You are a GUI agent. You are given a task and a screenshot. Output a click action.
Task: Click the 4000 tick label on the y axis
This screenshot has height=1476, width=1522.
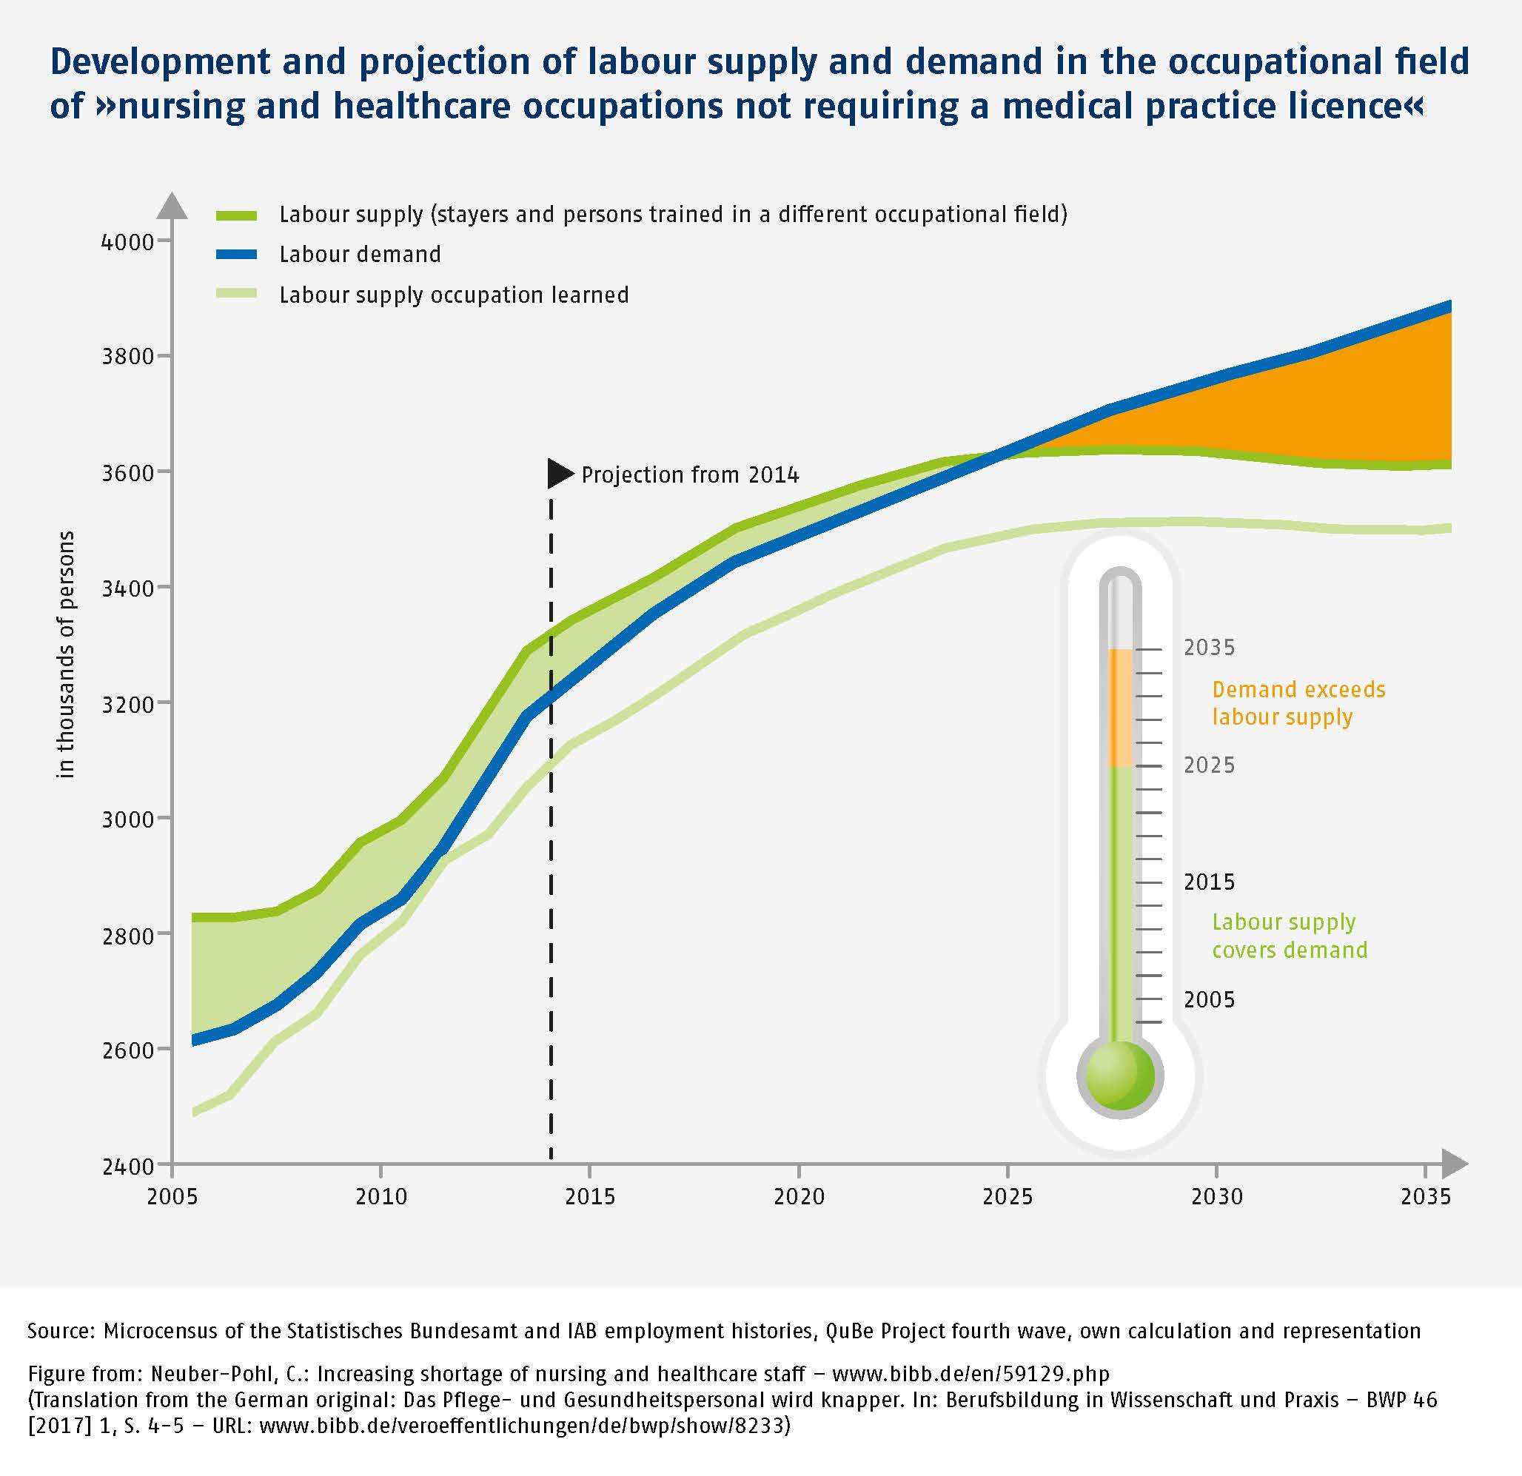click(127, 242)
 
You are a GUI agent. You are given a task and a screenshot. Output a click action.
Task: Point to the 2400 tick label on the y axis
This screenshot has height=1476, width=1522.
click(127, 1166)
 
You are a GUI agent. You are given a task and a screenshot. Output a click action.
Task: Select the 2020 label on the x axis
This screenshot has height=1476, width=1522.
click(798, 1196)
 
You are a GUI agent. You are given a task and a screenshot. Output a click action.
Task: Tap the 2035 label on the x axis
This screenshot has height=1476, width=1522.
click(1426, 1196)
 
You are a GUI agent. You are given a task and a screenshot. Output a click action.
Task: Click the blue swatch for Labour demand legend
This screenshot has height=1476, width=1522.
click(236, 255)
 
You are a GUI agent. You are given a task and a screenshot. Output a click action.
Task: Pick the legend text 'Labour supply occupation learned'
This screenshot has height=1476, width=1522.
click(454, 295)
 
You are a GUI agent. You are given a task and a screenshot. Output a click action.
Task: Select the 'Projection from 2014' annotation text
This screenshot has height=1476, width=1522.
click(689, 474)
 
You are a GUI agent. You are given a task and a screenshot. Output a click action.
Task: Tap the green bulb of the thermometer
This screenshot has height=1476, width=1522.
click(1119, 1076)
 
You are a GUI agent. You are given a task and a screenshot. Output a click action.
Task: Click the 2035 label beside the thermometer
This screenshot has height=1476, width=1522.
click(1209, 648)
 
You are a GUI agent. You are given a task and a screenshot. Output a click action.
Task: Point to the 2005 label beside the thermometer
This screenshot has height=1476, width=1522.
click(1209, 1000)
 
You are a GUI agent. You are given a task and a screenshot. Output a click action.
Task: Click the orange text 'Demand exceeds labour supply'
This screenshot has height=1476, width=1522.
click(1298, 702)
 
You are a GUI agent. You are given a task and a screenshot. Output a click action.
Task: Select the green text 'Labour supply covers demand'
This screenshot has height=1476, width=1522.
click(1289, 936)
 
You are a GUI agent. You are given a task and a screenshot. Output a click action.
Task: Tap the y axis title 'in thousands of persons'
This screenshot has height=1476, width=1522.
click(66, 654)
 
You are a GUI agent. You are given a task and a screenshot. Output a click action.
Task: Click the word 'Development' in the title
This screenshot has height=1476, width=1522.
click(159, 62)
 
